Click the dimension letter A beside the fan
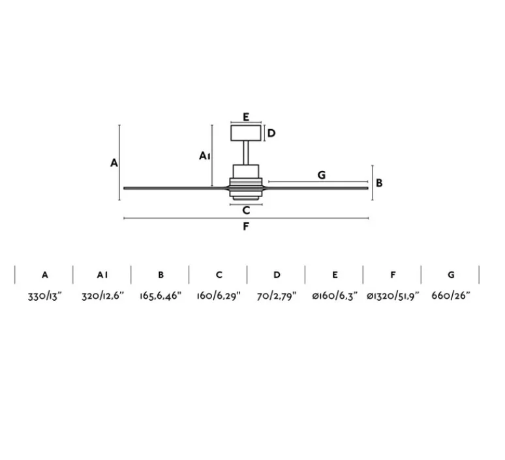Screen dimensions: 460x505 114,162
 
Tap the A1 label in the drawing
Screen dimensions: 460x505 205,156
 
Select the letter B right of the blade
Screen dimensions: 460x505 379,183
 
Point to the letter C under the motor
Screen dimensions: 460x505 245,210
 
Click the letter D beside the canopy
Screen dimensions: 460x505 271,133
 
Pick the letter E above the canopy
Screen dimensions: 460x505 245,117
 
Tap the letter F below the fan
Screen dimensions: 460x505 245,226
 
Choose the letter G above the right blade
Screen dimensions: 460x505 321,175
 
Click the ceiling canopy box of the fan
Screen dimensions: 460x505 246,133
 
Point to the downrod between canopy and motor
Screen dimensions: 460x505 246,153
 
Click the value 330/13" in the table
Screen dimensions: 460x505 45,296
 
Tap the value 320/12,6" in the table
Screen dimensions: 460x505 102,296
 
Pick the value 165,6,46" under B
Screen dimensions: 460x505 161,296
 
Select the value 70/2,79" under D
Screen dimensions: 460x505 277,296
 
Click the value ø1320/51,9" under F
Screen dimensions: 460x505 393,296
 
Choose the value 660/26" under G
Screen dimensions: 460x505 451,296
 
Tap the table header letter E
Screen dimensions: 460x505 335,275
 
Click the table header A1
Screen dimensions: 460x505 102,275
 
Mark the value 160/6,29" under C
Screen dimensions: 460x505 219,296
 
